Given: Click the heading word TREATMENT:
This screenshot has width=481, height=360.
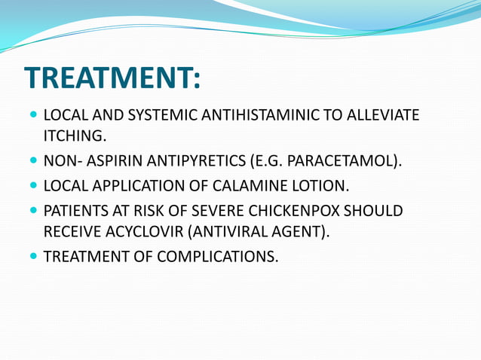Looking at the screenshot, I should tap(112, 78).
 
